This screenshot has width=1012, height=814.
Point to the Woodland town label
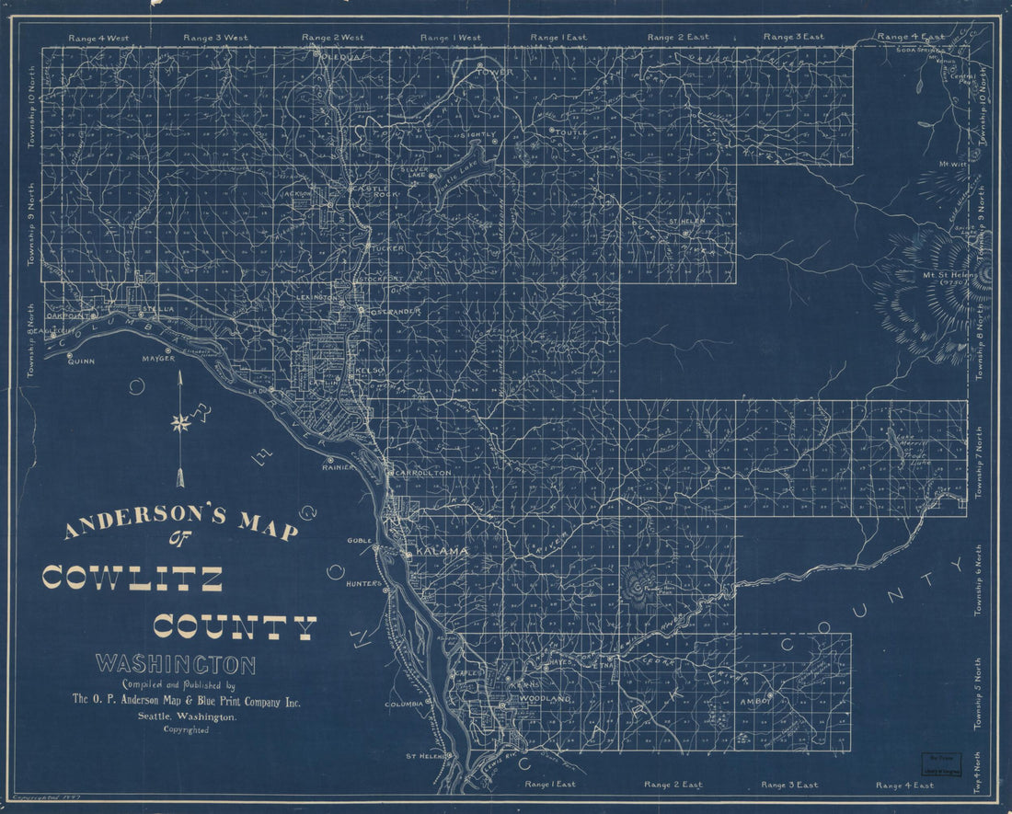click(546, 700)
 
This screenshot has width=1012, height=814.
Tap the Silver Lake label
click(411, 174)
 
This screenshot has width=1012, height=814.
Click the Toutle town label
click(572, 132)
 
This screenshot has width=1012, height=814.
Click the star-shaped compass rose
click(180, 423)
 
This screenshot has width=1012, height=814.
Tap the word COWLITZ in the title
click(132, 579)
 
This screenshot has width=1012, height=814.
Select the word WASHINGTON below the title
click(176, 663)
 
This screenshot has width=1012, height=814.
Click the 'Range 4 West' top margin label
click(98, 38)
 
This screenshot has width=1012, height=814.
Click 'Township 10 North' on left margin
click(31, 107)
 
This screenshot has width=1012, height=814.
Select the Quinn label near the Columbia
click(81, 361)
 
